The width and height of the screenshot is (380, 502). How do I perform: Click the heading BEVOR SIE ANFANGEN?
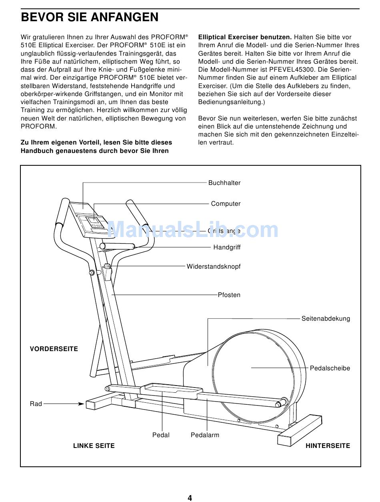(x=90, y=18)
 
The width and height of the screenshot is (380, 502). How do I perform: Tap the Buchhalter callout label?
(x=224, y=183)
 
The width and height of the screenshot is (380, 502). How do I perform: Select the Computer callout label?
(x=226, y=204)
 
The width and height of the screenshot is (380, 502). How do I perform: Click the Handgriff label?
(x=227, y=247)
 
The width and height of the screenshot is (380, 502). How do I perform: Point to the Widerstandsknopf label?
(x=214, y=267)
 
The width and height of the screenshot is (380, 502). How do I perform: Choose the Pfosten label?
(x=229, y=295)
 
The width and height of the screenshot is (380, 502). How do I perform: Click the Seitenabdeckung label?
(x=326, y=319)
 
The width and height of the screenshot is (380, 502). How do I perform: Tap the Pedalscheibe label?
(x=330, y=368)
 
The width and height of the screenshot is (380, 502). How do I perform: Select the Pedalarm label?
(x=205, y=435)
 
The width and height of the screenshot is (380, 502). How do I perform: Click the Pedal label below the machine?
(x=161, y=435)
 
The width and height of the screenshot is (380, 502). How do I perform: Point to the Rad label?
(x=36, y=404)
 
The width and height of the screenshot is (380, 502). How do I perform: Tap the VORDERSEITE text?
(x=54, y=349)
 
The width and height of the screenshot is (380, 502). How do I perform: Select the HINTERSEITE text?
(x=328, y=446)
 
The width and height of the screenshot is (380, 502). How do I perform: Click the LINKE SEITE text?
(x=94, y=446)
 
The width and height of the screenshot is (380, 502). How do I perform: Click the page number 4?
(x=190, y=498)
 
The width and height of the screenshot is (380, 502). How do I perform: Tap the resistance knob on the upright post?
(x=107, y=266)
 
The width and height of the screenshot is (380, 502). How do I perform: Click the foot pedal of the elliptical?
(x=172, y=388)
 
